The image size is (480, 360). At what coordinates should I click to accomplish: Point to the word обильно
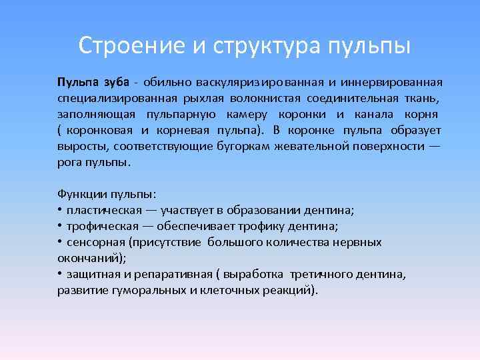(164, 83)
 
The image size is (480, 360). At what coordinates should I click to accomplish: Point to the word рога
(69, 163)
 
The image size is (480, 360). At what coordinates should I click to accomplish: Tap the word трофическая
(102, 227)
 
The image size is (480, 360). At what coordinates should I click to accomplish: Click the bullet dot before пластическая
(59, 211)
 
